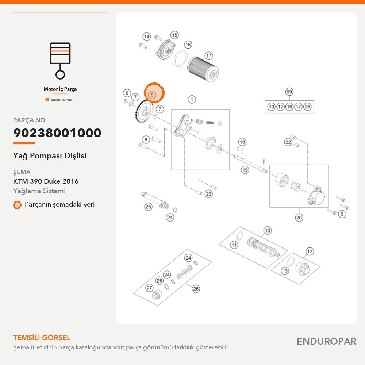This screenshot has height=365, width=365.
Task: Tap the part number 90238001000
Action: [57, 133]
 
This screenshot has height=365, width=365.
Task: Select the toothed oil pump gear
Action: [144, 111]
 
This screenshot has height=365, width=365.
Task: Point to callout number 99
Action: [289, 92]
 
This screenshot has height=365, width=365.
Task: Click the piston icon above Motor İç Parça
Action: [60, 61]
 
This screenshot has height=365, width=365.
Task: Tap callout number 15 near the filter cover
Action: [174, 35]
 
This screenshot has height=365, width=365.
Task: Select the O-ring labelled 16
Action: [181, 58]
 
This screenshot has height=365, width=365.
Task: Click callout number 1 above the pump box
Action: [192, 100]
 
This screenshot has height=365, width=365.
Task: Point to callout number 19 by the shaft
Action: [245, 170]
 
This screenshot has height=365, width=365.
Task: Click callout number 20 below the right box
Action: [299, 218]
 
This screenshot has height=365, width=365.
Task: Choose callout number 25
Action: [148, 207]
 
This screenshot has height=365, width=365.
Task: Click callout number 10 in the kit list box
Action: [271, 107]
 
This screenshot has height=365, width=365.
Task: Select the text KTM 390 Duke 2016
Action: [46, 181]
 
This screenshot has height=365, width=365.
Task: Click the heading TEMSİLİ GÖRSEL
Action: [42, 338]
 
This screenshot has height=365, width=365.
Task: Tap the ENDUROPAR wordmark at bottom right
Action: [327, 342]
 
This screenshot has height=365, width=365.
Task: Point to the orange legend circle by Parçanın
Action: [17, 205]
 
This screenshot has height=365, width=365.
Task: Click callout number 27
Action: [149, 288]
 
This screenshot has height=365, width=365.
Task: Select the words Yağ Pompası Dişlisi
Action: [50, 156]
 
